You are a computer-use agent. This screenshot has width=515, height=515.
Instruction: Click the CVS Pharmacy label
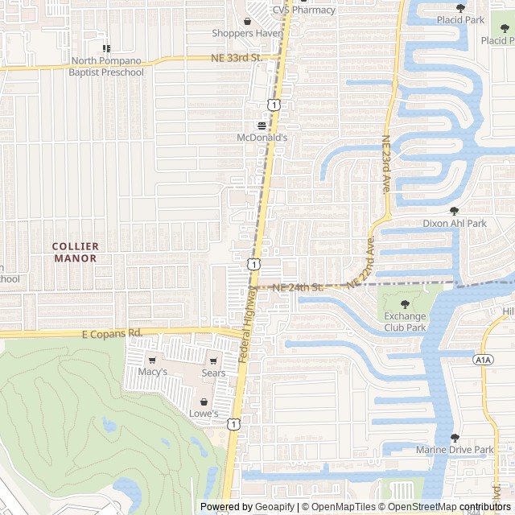(x=303, y=10)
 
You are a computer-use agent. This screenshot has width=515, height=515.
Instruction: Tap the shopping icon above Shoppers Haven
(x=248, y=21)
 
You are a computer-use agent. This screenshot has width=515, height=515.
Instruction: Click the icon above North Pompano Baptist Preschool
(x=107, y=48)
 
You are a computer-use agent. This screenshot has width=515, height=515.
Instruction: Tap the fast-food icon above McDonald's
(x=262, y=126)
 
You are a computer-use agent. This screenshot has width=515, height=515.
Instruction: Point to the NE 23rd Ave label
(x=386, y=163)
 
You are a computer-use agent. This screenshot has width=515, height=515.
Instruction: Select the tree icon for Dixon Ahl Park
(x=454, y=211)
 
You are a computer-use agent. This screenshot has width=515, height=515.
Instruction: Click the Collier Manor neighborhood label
(x=75, y=252)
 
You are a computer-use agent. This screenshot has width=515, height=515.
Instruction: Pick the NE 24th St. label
(x=297, y=287)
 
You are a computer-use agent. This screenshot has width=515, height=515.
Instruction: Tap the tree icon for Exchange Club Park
(x=404, y=304)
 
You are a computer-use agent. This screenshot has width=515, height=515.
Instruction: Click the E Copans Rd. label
(x=112, y=332)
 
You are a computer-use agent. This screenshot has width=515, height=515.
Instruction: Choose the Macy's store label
(x=152, y=373)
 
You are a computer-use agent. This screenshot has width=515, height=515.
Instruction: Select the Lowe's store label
(x=204, y=414)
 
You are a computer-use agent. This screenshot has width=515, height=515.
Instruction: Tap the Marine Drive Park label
(x=455, y=450)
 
